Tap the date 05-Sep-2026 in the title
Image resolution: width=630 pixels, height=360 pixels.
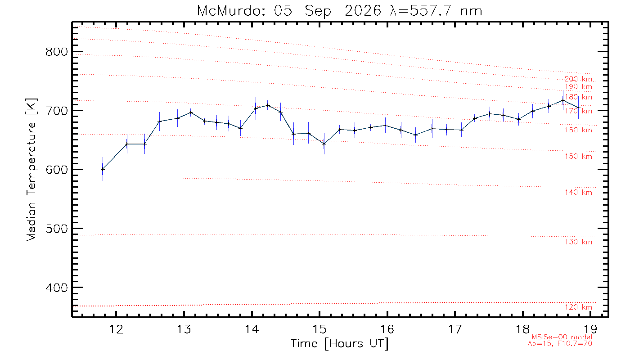(x=328, y=11)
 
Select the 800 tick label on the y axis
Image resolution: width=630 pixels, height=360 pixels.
(x=57, y=52)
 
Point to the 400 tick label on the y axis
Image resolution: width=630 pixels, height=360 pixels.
(x=57, y=288)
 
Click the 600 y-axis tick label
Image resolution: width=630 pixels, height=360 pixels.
(x=57, y=170)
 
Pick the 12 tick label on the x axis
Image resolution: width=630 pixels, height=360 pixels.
(x=116, y=329)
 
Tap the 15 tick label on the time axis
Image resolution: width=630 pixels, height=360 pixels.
(x=319, y=329)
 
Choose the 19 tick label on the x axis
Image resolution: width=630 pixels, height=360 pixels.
(x=590, y=329)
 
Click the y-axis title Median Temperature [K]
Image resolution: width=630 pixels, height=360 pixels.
(x=31, y=170)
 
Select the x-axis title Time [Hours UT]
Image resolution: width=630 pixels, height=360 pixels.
(x=339, y=344)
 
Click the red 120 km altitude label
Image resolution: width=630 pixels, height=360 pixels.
(x=579, y=307)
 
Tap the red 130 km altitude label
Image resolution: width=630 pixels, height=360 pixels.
(x=579, y=242)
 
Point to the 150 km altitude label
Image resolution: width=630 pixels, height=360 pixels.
(x=579, y=157)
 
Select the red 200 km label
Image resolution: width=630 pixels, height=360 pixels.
(x=579, y=79)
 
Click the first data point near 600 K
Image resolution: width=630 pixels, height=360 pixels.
(x=103, y=169)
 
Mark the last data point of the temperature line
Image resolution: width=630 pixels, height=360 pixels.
(x=578, y=108)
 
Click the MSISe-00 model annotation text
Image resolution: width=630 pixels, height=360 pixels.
(x=562, y=337)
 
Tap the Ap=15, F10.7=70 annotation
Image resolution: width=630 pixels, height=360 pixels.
(x=560, y=344)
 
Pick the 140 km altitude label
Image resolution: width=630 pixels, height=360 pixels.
(x=579, y=193)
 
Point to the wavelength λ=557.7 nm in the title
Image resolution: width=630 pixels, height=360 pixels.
(x=436, y=11)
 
